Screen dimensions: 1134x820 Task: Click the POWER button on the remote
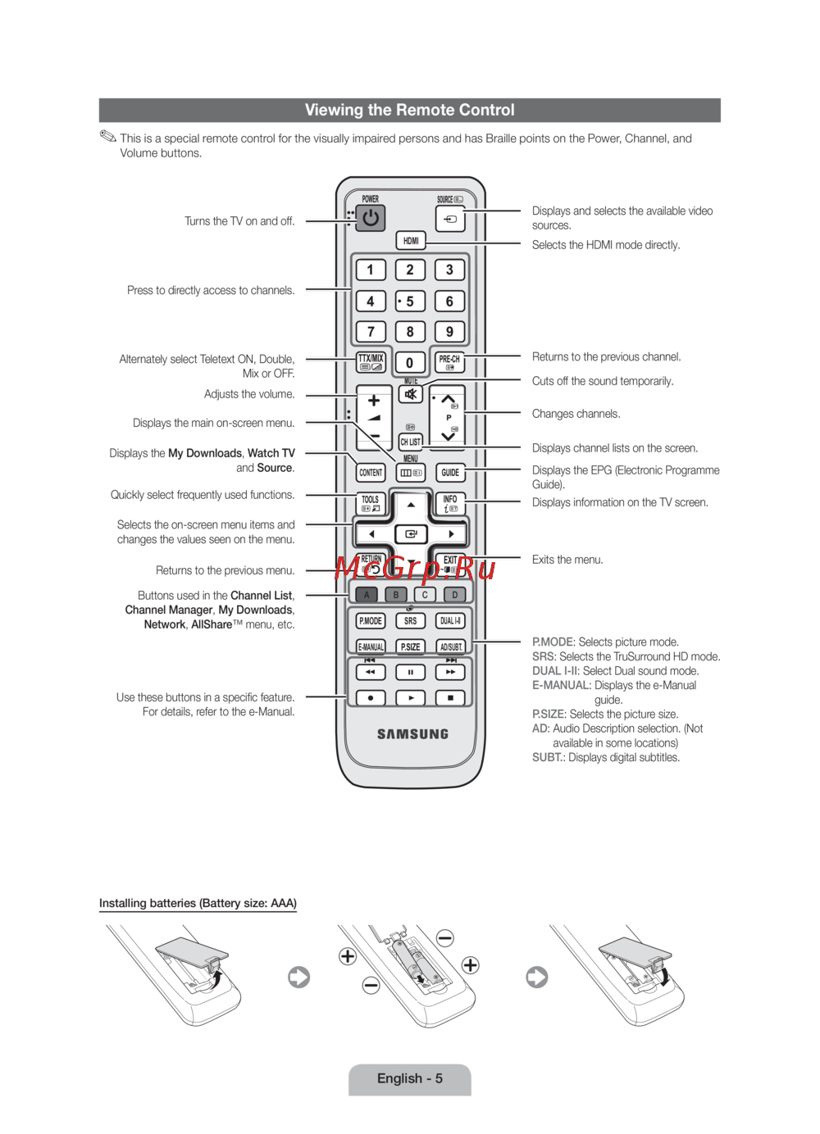[x=371, y=218]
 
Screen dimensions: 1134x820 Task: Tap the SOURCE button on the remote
[x=450, y=219]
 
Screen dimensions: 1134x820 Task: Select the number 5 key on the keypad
[x=410, y=302]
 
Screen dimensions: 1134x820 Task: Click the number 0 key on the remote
[x=410, y=362]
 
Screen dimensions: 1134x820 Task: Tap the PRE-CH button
[x=449, y=362]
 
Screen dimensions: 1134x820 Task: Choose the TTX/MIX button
[x=371, y=362]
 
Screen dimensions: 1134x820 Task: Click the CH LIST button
[x=410, y=442]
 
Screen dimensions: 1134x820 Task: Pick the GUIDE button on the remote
[x=450, y=473]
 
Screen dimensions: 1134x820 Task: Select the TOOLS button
[x=371, y=503]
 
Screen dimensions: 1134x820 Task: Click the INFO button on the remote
[x=450, y=503]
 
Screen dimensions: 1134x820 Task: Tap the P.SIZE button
[x=410, y=646]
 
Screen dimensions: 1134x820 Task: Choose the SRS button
[x=410, y=621]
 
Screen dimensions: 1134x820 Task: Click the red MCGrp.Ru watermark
[x=415, y=567]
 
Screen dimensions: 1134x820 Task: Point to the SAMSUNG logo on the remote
[x=412, y=734]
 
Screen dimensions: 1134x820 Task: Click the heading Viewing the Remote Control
[x=409, y=110]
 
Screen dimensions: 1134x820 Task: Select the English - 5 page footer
[x=409, y=1078]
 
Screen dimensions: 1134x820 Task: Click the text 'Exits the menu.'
[x=567, y=560]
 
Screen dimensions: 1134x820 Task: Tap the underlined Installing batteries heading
[x=198, y=903]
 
